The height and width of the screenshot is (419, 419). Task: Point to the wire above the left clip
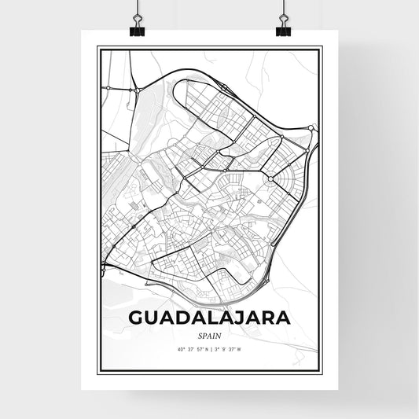coord(136,8)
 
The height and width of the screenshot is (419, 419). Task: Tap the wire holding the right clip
coord(283,8)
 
